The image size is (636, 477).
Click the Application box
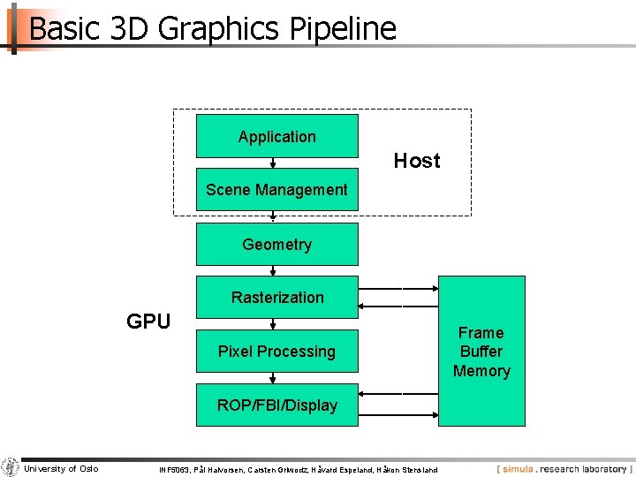(276, 136)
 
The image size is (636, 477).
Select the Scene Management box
(276, 189)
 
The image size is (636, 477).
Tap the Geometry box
(276, 244)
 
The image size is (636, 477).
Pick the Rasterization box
(276, 298)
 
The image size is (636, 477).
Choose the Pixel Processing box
(276, 352)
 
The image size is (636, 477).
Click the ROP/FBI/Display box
(276, 405)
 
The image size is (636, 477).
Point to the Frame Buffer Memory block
(481, 352)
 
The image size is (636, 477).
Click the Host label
(417, 161)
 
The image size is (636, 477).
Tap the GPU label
(148, 322)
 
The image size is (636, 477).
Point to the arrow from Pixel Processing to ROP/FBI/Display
(274, 378)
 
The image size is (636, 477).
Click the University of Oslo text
(61, 468)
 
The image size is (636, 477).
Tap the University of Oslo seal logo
(10, 467)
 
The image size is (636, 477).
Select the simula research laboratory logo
(564, 469)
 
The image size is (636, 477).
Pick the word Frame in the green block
(481, 333)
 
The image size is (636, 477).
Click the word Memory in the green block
(481, 371)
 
